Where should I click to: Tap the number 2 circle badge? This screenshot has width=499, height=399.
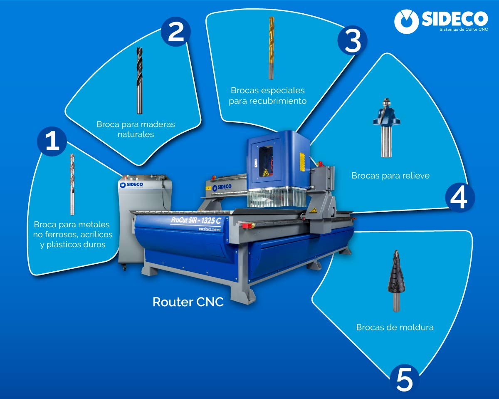point(176,32)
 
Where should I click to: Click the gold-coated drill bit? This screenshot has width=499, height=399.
point(271,47)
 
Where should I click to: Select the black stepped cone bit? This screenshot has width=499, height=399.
point(395,281)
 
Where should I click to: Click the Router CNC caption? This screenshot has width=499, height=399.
point(188,302)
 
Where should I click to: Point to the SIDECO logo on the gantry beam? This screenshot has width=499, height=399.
point(221,188)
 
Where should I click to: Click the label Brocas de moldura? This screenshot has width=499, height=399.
point(395,327)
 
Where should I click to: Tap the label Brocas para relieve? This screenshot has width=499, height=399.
point(390,176)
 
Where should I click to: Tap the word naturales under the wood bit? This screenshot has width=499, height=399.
point(136,134)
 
